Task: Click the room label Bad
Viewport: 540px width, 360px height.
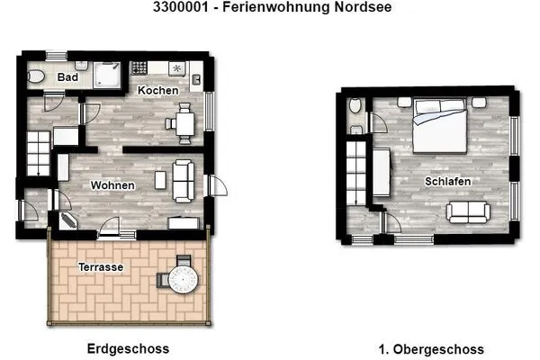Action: coord(67,78)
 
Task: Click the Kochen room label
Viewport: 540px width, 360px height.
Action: coord(157,91)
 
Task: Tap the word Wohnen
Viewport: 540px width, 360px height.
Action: coord(112,186)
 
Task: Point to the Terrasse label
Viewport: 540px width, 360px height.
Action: coord(100,267)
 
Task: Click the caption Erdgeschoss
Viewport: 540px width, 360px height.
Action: coord(128,348)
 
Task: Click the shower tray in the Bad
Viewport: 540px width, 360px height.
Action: coord(111,74)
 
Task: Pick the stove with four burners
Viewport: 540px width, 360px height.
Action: coord(139,68)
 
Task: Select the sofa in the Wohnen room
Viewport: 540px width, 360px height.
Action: coord(184,179)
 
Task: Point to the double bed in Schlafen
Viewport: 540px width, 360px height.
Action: coord(439,131)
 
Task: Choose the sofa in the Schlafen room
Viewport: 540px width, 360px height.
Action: coord(468,212)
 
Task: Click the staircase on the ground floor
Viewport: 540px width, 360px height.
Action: coord(39,152)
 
